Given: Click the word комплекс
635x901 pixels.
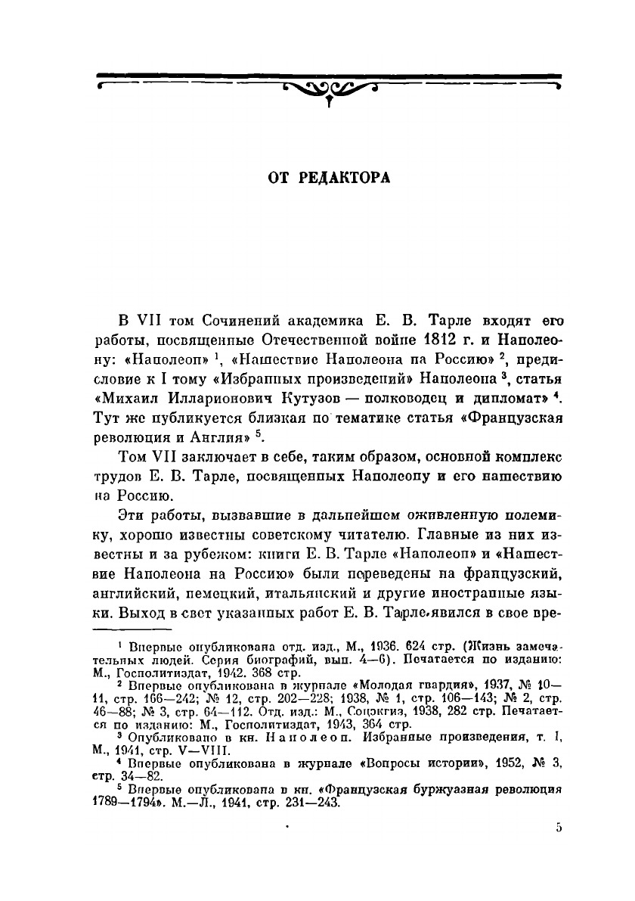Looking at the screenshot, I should pos(524,477).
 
